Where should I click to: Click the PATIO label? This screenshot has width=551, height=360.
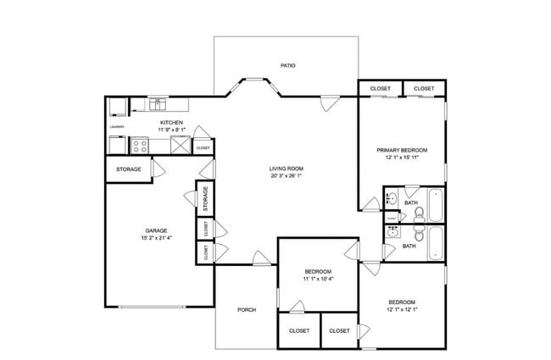287,65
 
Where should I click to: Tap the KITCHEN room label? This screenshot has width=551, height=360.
172,123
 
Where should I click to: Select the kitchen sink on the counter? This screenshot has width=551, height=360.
157,105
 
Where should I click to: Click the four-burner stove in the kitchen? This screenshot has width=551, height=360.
141,145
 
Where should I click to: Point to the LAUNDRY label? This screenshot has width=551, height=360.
117,127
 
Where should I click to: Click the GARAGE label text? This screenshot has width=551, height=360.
156,230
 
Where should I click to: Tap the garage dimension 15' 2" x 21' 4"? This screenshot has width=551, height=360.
156,238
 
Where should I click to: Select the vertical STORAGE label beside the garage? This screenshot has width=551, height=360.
204,199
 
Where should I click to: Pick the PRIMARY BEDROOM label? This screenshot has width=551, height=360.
402,150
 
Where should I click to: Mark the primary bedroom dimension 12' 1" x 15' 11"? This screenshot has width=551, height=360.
402,158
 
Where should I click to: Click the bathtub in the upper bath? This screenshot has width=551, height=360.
435,204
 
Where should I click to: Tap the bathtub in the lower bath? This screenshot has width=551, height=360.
435,244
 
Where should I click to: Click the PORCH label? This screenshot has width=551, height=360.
246,310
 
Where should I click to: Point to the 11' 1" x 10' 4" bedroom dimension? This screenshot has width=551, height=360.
319,279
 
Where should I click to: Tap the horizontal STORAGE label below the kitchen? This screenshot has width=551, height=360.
129,169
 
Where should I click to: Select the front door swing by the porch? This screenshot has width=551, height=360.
260,258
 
